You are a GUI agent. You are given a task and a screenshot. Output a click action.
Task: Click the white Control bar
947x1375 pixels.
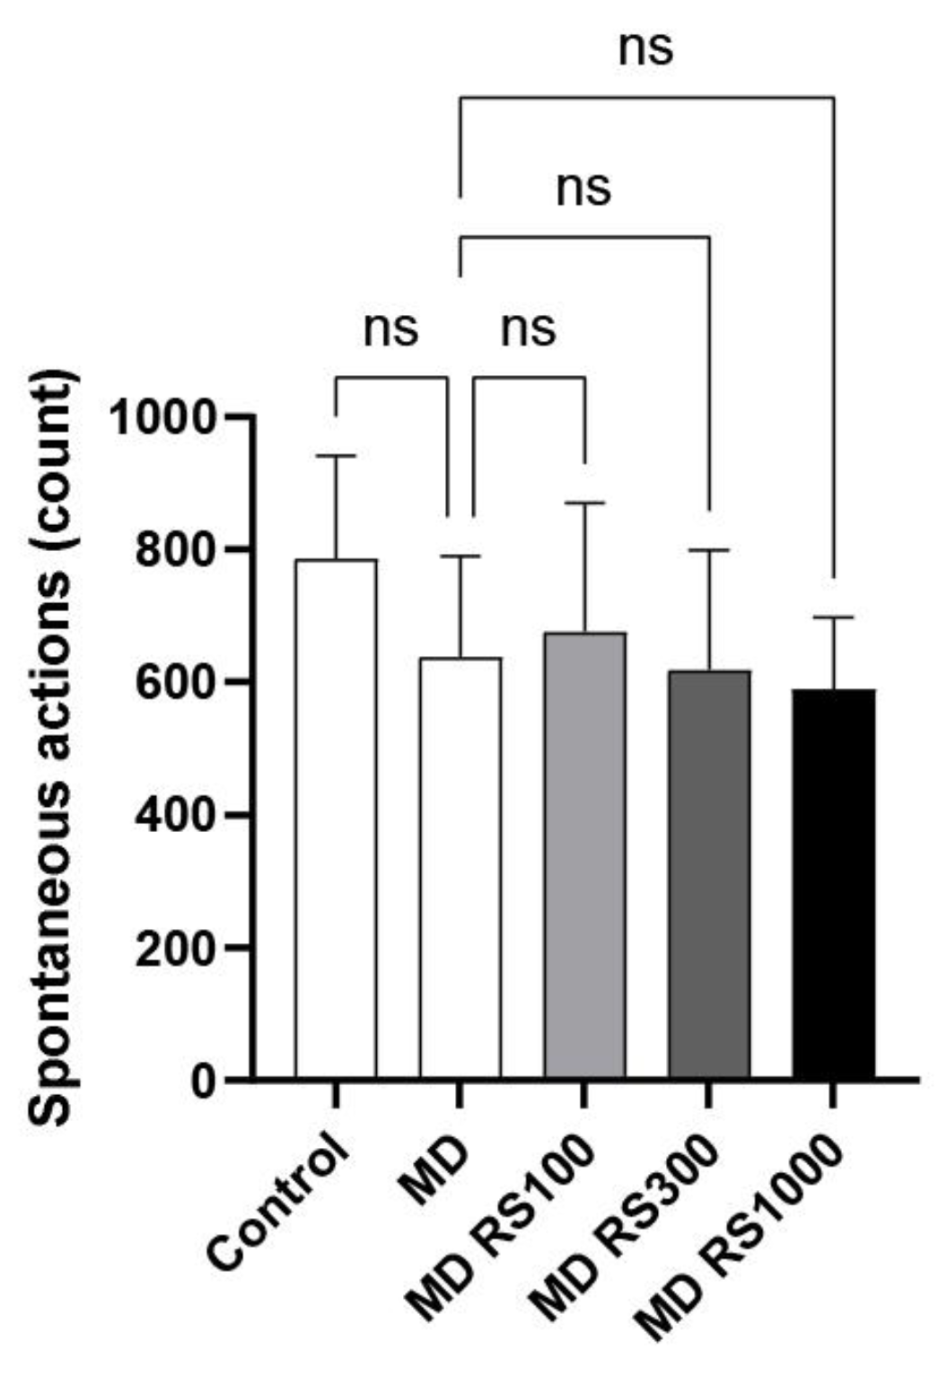pos(336,817)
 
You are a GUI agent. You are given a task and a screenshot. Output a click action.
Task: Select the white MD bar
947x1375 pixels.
pos(460,866)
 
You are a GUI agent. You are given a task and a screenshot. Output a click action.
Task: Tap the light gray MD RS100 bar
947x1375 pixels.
pos(584,853)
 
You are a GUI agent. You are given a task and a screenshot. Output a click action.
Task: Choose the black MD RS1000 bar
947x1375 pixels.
pos(833,883)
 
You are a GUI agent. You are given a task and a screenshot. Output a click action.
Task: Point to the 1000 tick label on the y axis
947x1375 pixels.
pos(162,417)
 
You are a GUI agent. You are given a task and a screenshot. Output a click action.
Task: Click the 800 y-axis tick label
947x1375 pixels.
pos(176,550)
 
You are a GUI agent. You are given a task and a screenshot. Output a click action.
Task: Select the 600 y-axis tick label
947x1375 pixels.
pos(176,683)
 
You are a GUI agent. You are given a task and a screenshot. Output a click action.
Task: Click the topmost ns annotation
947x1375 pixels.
pos(645,50)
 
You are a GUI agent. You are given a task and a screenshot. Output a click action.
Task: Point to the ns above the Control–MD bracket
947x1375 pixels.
pos(390,330)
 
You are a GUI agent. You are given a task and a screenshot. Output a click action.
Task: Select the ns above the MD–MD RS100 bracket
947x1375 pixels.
pos(528,330)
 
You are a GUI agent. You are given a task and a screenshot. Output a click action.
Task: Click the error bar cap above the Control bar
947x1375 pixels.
pos(336,456)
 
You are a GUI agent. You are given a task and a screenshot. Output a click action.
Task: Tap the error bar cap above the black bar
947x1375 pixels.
pos(833,617)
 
